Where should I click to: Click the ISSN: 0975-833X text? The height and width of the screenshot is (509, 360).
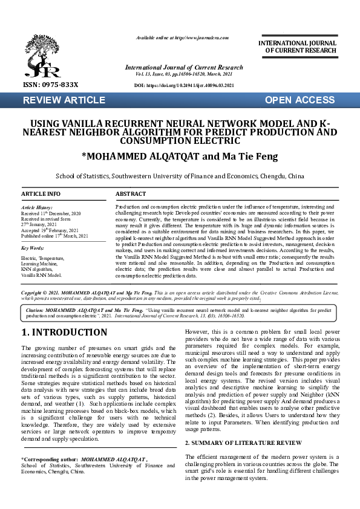tap(45, 85)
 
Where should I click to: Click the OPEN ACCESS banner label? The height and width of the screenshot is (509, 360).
tap(299, 100)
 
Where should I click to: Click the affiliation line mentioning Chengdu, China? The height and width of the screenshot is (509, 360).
tap(180, 177)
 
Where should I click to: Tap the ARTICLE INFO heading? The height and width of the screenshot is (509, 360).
tap(41, 194)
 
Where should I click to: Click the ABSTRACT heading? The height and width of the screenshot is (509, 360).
tap(131, 194)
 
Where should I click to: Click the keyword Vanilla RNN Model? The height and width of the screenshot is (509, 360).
tap(42, 275)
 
